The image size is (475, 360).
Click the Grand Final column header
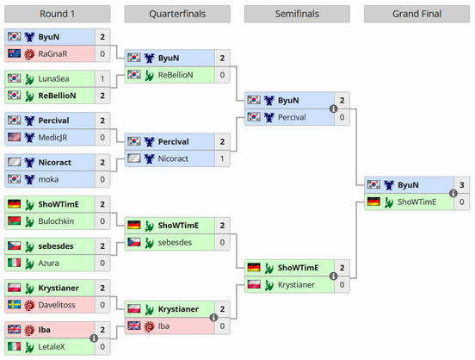tap(416, 14)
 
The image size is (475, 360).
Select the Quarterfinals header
tap(177, 14)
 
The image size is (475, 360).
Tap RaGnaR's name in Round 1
tap(52, 54)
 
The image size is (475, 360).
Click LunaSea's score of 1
tap(102, 79)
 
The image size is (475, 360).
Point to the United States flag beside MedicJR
tap(15, 137)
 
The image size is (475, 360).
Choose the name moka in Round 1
tap(48, 179)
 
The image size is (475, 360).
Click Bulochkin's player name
tap(56, 221)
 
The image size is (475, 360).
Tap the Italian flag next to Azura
tap(15, 263)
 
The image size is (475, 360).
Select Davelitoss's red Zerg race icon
tap(29, 305)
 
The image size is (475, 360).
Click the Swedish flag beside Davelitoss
tap(15, 305)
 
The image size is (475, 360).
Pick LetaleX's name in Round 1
tap(52, 347)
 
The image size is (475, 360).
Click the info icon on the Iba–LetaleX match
tap(94, 338)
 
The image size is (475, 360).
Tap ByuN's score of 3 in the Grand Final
tap(462, 185)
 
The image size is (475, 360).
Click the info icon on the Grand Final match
tap(453, 193)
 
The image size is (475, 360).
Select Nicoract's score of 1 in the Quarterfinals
tap(222, 158)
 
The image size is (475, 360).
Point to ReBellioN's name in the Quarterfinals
tap(176, 75)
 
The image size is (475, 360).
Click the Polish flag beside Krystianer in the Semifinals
tap(254, 284)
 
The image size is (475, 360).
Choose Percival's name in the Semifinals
tap(292, 117)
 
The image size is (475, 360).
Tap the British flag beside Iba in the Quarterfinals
tap(134, 326)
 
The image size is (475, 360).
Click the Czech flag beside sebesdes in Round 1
tap(15, 245)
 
